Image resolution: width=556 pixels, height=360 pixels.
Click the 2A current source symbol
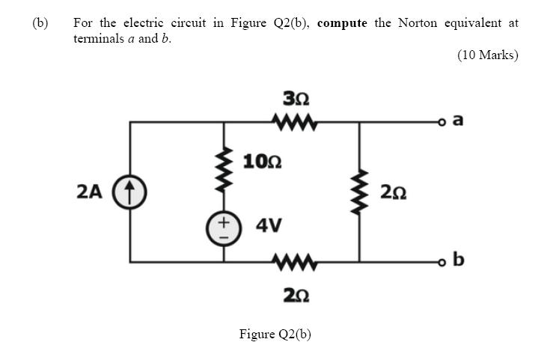(x=129, y=192)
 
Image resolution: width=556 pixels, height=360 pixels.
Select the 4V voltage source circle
(x=223, y=225)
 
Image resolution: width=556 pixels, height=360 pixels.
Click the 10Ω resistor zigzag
(x=223, y=168)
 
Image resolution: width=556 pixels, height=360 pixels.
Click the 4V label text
(x=269, y=225)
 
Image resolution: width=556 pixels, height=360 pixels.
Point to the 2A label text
(x=89, y=192)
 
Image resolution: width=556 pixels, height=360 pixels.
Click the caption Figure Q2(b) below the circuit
(x=275, y=333)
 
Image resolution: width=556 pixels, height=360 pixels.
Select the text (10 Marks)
(x=487, y=55)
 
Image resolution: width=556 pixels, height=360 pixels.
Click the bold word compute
(x=342, y=22)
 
